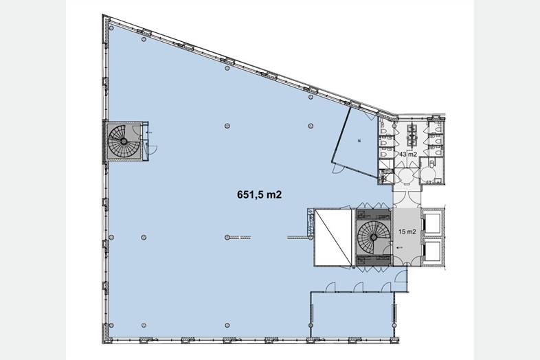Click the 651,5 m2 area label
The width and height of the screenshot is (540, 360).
(259, 195)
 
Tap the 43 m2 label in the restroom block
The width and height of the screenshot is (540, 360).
(408, 155)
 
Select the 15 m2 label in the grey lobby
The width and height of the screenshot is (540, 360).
(407, 232)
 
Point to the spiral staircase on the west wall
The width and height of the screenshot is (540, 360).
(123, 141)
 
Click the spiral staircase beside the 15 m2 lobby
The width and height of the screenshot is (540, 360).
(374, 237)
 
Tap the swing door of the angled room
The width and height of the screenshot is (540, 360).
(338, 168)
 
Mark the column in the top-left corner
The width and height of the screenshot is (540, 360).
(111, 28)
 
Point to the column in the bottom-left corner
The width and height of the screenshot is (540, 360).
(111, 325)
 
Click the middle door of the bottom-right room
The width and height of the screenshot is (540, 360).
(359, 287)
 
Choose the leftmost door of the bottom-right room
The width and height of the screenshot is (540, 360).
(330, 287)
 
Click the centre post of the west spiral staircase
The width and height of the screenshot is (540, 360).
(123, 141)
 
